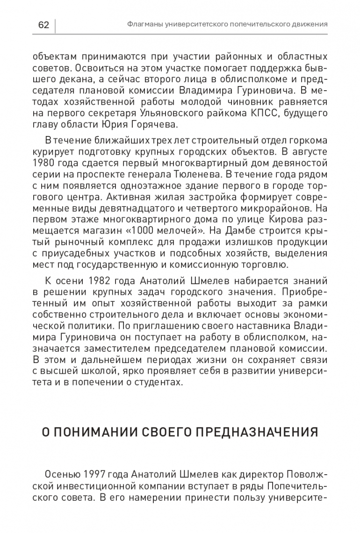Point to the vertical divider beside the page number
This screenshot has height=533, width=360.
point(55,25)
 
